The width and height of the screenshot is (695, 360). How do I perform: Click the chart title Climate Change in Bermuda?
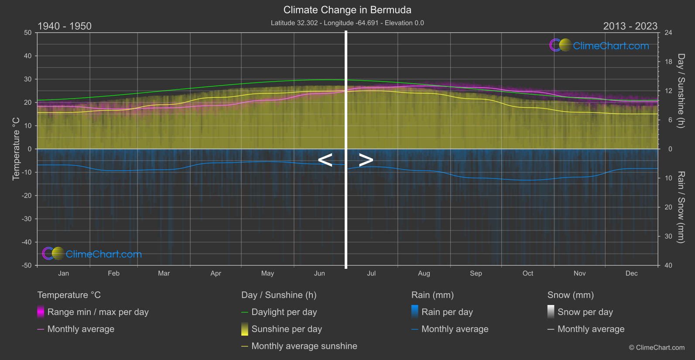pyautogui.click(x=347, y=10)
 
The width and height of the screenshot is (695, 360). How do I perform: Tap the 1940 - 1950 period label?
pyautogui.click(x=65, y=26)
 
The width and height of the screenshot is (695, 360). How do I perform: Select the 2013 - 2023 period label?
pyautogui.click(x=630, y=26)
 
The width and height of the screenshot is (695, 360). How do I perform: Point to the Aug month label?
pyautogui.click(x=424, y=274)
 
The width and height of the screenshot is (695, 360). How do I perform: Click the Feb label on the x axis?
pyautogui.click(x=113, y=274)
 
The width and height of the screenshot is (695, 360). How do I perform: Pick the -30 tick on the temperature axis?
pyautogui.click(x=27, y=219)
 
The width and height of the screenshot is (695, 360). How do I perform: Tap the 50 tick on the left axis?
pyautogui.click(x=28, y=33)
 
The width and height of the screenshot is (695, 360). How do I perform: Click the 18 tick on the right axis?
pyautogui.click(x=668, y=62)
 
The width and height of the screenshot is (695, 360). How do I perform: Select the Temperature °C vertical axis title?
pyautogui.click(x=16, y=148)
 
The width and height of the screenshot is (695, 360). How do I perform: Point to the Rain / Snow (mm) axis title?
pyautogui.click(x=681, y=207)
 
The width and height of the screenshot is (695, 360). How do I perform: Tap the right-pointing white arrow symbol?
pyautogui.click(x=366, y=160)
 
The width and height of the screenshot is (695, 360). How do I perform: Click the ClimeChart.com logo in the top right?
pyautogui.click(x=599, y=45)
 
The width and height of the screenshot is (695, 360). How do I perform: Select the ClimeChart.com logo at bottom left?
pyautogui.click(x=92, y=254)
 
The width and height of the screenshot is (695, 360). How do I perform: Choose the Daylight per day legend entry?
pyautogui.click(x=284, y=312)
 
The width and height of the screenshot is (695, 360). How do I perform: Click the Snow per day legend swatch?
pyautogui.click(x=551, y=312)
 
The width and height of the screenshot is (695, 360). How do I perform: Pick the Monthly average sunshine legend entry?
pyautogui.click(x=304, y=346)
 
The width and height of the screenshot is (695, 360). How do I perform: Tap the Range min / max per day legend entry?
pyautogui.click(x=98, y=312)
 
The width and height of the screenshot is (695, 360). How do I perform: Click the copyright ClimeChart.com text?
pyautogui.click(x=657, y=348)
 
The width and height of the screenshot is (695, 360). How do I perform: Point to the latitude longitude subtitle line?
pyautogui.click(x=347, y=23)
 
